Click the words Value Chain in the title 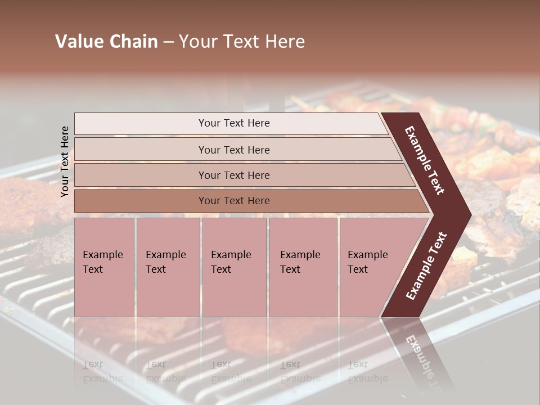pyautogui.click(x=106, y=42)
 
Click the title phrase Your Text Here pyautogui.click(x=242, y=42)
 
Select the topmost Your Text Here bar pyautogui.click(x=234, y=123)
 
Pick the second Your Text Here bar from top pyautogui.click(x=234, y=150)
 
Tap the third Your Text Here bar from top pyautogui.click(x=234, y=175)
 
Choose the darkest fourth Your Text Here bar pyautogui.click(x=234, y=201)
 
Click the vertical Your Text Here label pyautogui.click(x=65, y=161)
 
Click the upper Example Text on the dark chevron pyautogui.click(x=425, y=160)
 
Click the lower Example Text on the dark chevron pyautogui.click(x=427, y=265)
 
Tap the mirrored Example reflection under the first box pyautogui.click(x=103, y=379)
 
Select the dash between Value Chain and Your pyautogui.click(x=168, y=42)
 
